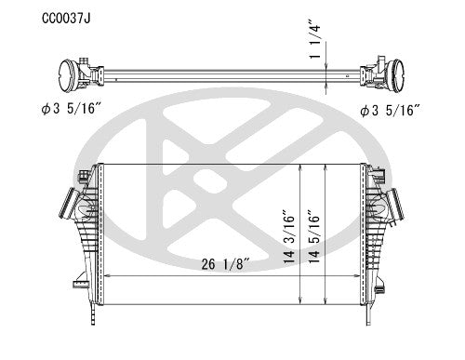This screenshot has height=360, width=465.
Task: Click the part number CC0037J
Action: (66, 19)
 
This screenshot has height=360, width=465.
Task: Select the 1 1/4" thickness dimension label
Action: (314, 39)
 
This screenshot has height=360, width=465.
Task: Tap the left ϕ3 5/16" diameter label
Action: (71, 109)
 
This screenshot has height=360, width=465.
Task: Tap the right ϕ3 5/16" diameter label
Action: (390, 110)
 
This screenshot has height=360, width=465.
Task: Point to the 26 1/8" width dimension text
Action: (225, 264)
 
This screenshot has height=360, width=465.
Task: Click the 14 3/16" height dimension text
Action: (288, 237)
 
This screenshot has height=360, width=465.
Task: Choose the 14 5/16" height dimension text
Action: (313, 237)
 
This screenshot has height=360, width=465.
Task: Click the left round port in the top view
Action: (65, 75)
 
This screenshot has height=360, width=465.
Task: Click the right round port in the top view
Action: (396, 75)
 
